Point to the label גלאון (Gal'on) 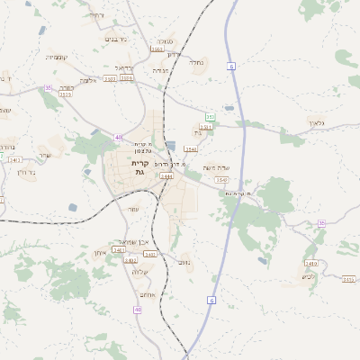click(x=315, y=122)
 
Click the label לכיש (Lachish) click(x=308, y=251)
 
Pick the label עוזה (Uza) click(x=133, y=209)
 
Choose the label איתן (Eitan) click(x=101, y=253)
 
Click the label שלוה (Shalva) click(x=139, y=272)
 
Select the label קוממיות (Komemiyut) click(x=56, y=57)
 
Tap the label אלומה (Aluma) click(x=87, y=80)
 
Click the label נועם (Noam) click(x=184, y=262)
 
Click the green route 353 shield click(x=210, y=117)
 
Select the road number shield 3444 click(x=166, y=177)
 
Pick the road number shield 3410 click(x=14, y=160)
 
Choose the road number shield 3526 click(x=127, y=78)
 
